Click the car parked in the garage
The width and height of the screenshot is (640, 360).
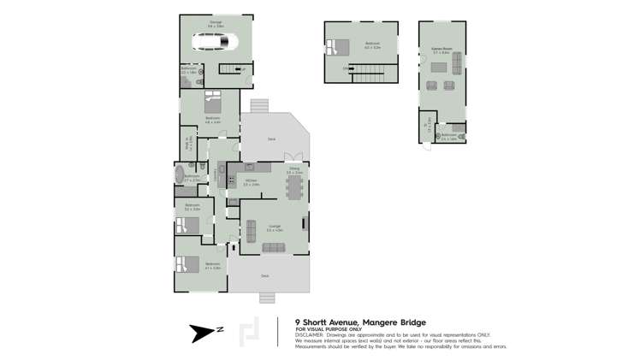(215, 43)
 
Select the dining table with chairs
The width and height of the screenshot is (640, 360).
(294, 186)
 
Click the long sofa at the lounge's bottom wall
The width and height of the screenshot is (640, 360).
(274, 247)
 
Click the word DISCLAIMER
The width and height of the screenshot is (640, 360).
(311, 333)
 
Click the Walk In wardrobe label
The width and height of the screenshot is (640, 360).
(187, 145)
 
